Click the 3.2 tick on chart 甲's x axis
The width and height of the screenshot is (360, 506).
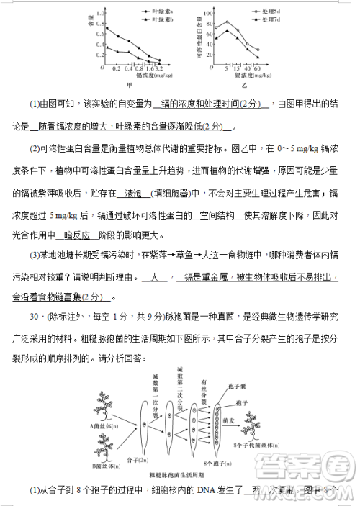click(x=159, y=68)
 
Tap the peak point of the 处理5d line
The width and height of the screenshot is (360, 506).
click(x=227, y=22)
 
